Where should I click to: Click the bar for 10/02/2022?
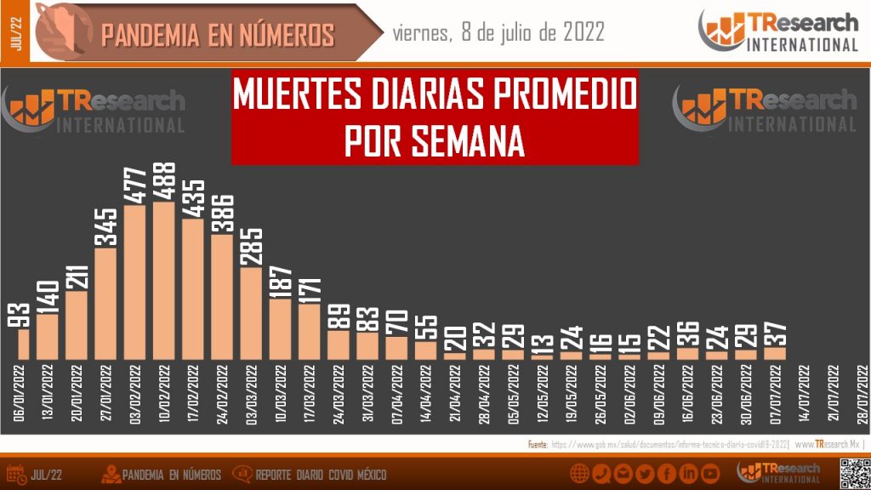pos(164,281)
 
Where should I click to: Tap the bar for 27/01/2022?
pos(105,304)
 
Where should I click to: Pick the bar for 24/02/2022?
pos(222,297)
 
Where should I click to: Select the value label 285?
pos(251,246)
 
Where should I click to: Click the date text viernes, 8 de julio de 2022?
pos(499,32)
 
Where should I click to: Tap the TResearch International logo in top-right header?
pos(778,31)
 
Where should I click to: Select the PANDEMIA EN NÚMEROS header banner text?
pos(218,35)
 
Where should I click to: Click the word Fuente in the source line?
pos(537,444)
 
